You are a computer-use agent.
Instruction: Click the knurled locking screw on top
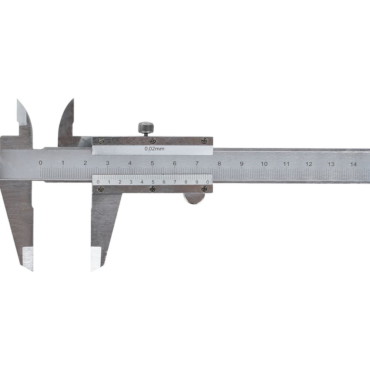click(146, 128)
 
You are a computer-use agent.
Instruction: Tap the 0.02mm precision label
click(155, 149)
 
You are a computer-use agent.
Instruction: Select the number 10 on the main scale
click(264, 164)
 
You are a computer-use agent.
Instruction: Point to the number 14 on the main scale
click(353, 164)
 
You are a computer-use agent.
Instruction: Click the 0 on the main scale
click(41, 162)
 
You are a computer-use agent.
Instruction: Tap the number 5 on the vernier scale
click(153, 182)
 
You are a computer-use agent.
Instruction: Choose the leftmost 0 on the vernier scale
click(98, 182)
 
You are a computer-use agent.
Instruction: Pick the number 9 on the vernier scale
click(197, 182)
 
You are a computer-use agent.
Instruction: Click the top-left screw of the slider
click(101, 141)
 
